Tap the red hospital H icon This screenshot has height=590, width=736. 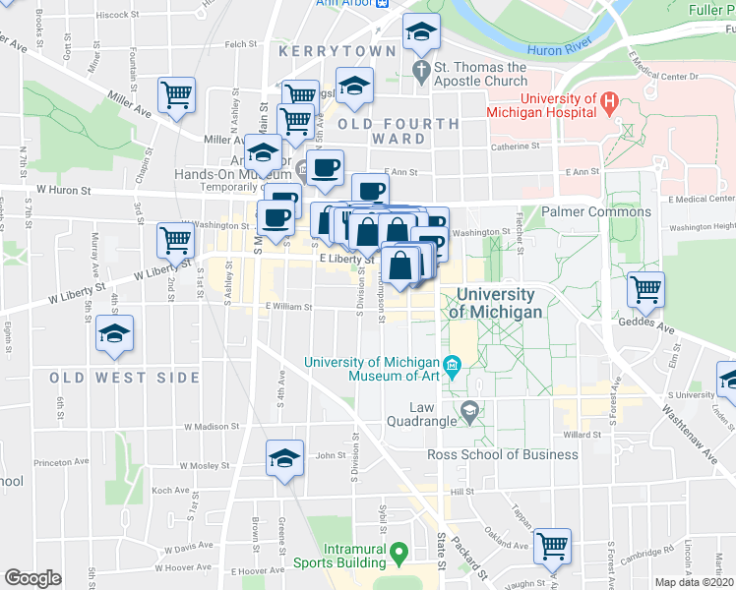tap(609, 100)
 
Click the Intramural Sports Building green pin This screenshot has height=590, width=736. tap(399, 553)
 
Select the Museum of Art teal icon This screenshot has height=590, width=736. tap(452, 368)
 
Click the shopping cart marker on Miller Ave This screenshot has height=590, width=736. tap(177, 95)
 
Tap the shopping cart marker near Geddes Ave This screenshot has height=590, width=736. tap(645, 289)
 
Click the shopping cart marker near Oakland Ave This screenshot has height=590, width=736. tap(552, 544)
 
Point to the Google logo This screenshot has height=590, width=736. tap(32, 578)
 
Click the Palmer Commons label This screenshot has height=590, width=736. tap(596, 211)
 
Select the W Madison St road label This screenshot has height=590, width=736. tap(209, 426)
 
